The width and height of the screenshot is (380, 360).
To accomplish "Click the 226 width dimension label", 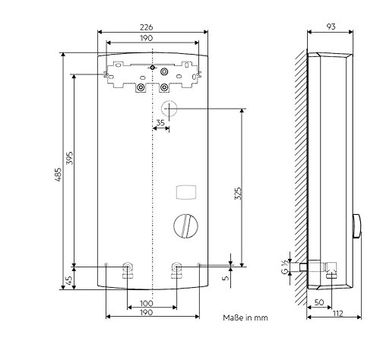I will (147, 27).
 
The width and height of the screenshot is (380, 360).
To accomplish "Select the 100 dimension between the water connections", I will (153, 304).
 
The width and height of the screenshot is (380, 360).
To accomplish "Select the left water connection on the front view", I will (128, 270).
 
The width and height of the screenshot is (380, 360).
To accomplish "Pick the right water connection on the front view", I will (176, 270).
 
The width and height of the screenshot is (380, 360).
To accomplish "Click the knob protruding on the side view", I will (356, 226).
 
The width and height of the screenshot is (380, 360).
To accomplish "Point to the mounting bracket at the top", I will (152, 76).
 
